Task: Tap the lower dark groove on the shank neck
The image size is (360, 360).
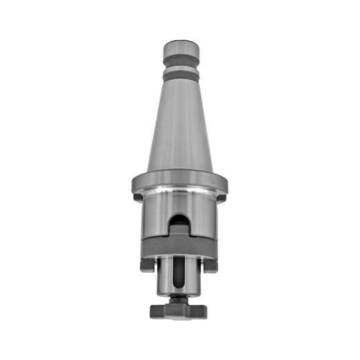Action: tap(181, 75)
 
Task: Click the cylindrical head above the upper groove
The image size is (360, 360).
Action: tap(181, 51)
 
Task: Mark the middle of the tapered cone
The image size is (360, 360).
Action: tap(180, 125)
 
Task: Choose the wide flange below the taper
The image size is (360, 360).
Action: tap(180, 183)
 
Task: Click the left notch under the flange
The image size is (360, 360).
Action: tap(138, 197)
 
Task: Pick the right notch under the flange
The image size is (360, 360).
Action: tap(222, 197)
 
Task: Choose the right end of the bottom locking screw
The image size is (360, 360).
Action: tap(204, 312)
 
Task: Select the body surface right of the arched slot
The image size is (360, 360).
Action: tap(204, 218)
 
